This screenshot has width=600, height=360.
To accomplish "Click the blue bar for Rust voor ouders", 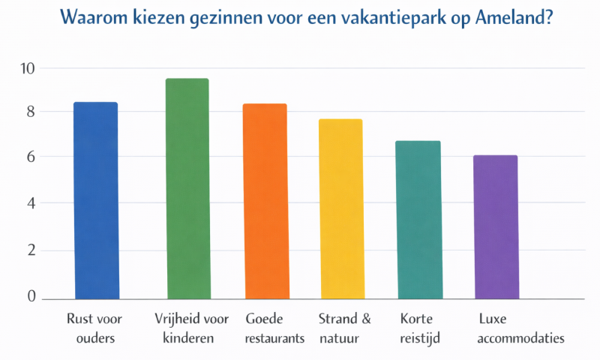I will (95, 200).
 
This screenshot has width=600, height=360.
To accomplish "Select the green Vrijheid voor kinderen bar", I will (187, 188).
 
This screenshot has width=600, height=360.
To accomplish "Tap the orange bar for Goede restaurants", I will (265, 201).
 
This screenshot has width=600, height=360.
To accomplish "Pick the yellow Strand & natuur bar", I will (340, 208).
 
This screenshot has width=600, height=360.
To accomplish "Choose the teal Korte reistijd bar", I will (418, 219).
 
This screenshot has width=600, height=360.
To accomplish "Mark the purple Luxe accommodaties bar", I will (495, 226).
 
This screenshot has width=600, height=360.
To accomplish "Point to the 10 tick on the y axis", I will (28, 67).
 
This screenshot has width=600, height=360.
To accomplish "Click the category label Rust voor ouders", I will (94, 328).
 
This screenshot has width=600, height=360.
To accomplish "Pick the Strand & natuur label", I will (344, 328).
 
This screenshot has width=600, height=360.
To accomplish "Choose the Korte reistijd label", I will (420, 328).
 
